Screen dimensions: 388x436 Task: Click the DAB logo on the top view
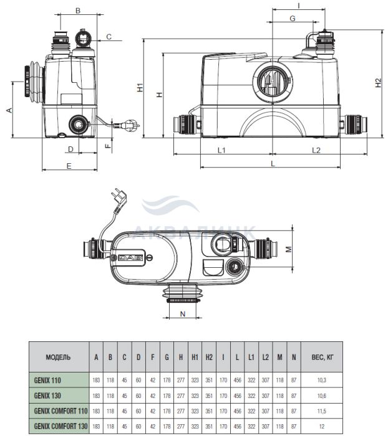point(130,258)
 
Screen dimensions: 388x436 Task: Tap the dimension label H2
point(378,83)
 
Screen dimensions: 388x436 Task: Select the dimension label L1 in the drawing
point(221,150)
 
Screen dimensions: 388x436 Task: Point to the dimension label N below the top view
point(183,314)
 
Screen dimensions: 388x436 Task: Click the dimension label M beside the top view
point(289,249)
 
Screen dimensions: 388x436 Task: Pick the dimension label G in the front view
point(293,18)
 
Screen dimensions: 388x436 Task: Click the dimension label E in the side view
point(69,166)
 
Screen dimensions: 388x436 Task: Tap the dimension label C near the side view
point(109,37)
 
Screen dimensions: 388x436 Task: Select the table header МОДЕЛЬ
point(58,357)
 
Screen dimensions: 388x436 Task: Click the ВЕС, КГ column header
point(322,357)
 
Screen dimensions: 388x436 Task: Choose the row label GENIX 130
point(47,396)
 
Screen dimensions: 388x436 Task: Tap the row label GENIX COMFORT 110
point(61,410)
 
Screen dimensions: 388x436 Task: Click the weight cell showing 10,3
point(322,380)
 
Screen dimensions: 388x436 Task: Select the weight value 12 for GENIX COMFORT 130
point(322,426)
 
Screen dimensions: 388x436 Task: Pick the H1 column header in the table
point(195,357)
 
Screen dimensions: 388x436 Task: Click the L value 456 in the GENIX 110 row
point(237,380)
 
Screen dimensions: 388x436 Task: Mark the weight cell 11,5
point(322,411)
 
